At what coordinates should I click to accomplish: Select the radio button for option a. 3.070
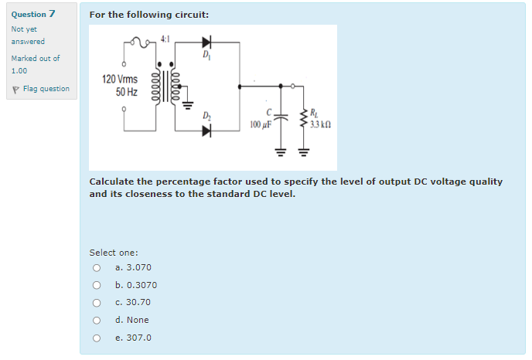tap(97, 268)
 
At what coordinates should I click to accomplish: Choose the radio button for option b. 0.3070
tap(97, 285)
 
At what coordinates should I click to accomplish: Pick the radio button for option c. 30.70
tap(97, 303)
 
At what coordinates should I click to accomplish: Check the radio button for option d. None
tap(97, 320)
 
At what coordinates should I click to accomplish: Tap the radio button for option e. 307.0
tap(97, 338)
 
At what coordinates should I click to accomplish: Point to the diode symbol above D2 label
tap(206, 130)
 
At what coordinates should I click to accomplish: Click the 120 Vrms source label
tap(120, 79)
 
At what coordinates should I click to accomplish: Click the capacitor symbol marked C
tap(281, 117)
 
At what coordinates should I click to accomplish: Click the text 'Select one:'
tap(114, 253)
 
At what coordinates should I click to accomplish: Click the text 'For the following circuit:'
tap(148, 15)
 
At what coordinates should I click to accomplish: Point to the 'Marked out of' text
tap(35, 59)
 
